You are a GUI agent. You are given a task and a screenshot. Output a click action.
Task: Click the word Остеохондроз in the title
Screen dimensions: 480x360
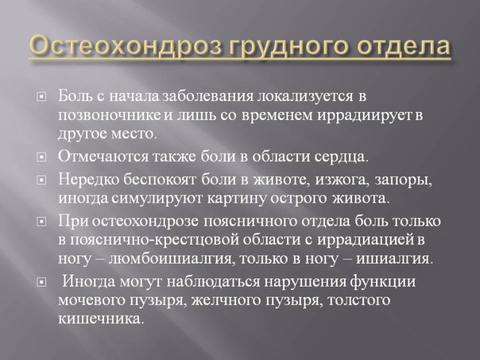click(126, 47)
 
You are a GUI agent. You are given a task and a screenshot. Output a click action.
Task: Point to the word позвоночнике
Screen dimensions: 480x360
click(110, 115)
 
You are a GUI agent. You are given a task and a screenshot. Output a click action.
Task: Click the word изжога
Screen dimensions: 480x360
click(341, 180)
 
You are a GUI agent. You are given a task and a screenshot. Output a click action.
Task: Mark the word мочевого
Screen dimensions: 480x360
click(91, 300)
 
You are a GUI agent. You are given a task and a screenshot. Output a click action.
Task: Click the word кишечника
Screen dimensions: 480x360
click(101, 319)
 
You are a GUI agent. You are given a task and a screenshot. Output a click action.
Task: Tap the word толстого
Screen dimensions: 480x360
click(359, 300)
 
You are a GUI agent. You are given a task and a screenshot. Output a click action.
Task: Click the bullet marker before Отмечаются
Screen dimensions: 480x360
click(41, 157)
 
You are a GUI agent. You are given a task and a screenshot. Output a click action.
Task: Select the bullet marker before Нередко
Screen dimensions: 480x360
click(41, 180)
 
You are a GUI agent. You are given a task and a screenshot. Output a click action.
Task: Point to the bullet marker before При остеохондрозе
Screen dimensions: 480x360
click(41, 222)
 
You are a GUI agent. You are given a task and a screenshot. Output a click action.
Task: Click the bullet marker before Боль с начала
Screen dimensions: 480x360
click(41, 97)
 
